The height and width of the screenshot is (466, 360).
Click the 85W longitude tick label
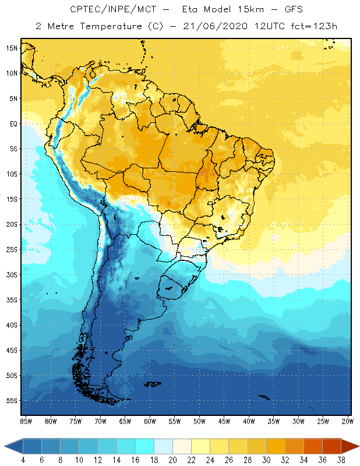coord(26,421)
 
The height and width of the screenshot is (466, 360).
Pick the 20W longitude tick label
coord(347,421)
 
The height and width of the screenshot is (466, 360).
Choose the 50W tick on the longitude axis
coord(199,421)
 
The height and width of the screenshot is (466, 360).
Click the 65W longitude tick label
coord(125,421)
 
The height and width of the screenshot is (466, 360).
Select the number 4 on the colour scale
coord(23,460)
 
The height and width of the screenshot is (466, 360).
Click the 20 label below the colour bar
coord(172,460)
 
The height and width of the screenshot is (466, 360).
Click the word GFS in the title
coord(292,10)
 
